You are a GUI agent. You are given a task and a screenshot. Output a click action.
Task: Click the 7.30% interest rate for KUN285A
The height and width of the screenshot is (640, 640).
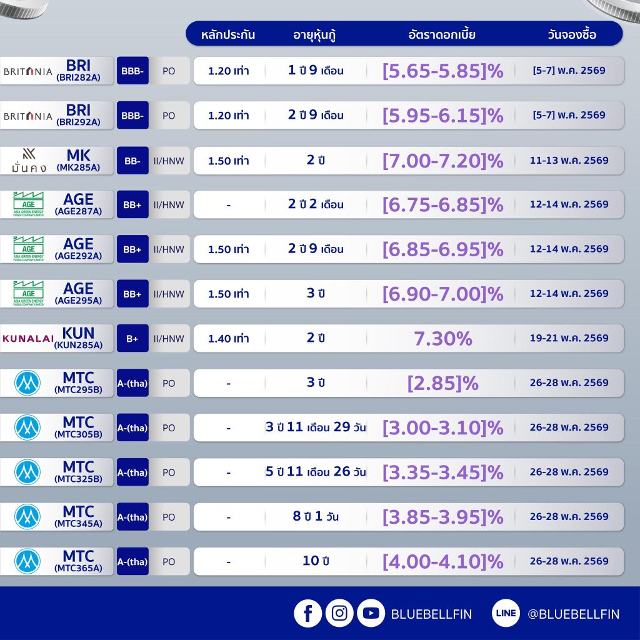click(x=442, y=339)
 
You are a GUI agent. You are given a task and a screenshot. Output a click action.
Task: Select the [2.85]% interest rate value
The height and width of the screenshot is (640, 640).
click(x=442, y=383)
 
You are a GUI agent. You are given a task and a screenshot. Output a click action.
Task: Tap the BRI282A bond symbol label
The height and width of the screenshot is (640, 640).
click(x=78, y=78)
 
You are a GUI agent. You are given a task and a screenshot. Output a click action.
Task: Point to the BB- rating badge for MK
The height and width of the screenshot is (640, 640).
click(x=132, y=161)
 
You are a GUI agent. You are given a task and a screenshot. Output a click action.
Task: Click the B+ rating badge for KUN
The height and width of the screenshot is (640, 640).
click(x=132, y=339)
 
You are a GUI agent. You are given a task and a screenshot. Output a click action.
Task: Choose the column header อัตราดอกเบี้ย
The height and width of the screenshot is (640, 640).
click(x=442, y=34)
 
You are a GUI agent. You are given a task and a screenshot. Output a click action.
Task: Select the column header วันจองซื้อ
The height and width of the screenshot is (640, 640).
click(x=571, y=34)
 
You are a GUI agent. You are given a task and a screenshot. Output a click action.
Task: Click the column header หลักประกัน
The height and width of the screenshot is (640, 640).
click(x=228, y=34)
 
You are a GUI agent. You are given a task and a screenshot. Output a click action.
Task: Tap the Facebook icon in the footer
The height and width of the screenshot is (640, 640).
click(x=307, y=614)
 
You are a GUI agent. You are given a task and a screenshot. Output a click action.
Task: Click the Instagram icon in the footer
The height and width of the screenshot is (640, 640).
click(x=339, y=614)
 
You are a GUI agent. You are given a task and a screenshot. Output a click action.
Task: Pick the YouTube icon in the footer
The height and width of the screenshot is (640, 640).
click(x=371, y=614)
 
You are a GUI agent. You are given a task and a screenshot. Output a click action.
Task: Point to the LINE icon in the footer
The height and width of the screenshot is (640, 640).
click(x=506, y=614)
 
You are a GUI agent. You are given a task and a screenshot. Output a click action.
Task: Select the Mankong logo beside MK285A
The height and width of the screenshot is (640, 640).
click(x=28, y=161)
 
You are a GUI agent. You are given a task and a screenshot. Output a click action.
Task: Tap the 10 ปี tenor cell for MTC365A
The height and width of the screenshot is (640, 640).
click(x=316, y=561)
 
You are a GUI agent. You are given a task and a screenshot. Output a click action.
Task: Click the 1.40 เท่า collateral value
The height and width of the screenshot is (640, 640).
click(x=228, y=339)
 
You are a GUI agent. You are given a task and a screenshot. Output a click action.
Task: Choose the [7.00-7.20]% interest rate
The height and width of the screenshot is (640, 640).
click(x=442, y=161)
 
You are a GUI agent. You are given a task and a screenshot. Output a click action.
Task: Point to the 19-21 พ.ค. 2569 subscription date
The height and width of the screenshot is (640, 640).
click(x=569, y=338)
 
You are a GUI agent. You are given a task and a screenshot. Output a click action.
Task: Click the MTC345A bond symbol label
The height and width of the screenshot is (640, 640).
click(x=78, y=524)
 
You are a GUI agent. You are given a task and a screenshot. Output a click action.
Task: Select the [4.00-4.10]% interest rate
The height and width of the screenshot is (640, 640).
click(x=442, y=561)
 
